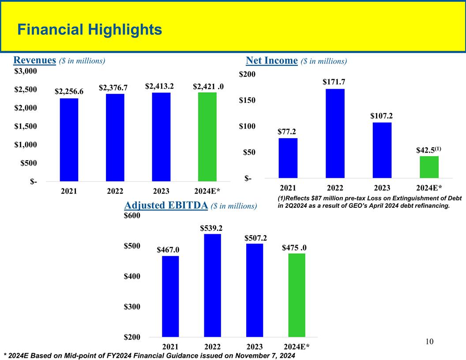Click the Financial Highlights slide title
pos(89,30)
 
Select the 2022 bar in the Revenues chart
pos(115,137)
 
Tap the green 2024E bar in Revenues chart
pos(207,137)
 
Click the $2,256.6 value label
pos(69,91)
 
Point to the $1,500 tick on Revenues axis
pos(27,127)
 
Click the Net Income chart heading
pos(296,60)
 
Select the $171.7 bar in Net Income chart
pos(335,133)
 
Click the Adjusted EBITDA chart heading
pos(191,205)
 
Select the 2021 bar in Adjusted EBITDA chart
pos(170,296)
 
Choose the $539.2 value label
pos(211,228)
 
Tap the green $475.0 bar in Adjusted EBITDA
pos(297,295)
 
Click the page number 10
pos(430,342)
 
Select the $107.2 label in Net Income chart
pos(382,116)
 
